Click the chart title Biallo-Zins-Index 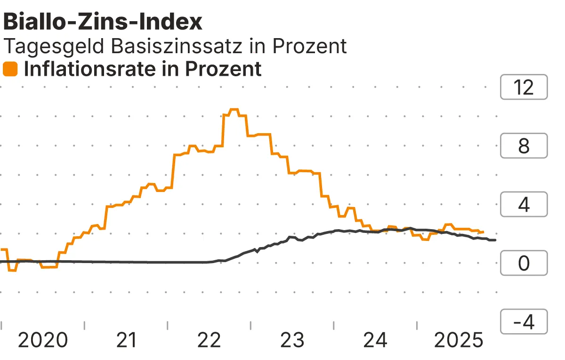coord(103,22)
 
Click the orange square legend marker coord(10,70)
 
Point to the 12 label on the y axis coord(524,88)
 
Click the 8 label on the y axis coord(524,146)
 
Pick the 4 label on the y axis coord(524,205)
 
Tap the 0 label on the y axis coord(524,264)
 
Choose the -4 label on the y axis coord(524,322)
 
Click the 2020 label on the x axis coord(43,340)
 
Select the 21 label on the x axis coord(126,340)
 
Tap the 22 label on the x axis coord(210,340)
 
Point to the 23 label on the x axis coord(293,340)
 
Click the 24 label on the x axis coord(376,340)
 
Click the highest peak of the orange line coord(234,110)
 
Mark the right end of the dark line coord(495,240)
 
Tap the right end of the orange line coord(483,232)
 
